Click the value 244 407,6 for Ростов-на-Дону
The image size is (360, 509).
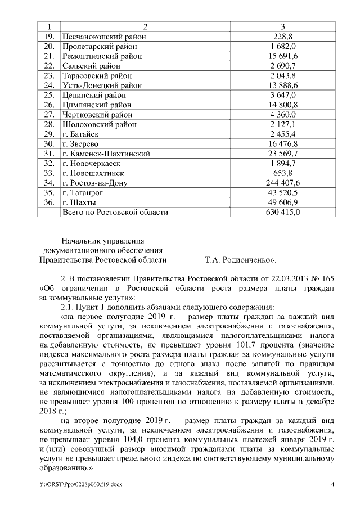pos(283,183)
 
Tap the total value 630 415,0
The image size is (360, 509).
pos(283,212)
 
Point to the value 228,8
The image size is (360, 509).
pos(283,37)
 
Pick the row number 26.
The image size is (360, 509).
pos(49,105)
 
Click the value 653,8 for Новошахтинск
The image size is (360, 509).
pos(283,173)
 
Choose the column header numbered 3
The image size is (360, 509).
pos(283,27)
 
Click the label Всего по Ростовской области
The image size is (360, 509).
pos(115,212)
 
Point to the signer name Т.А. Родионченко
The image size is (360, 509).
pos(240,260)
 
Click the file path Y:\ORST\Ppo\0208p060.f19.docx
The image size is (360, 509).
pos(80,484)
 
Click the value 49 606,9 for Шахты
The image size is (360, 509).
pos(283,202)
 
